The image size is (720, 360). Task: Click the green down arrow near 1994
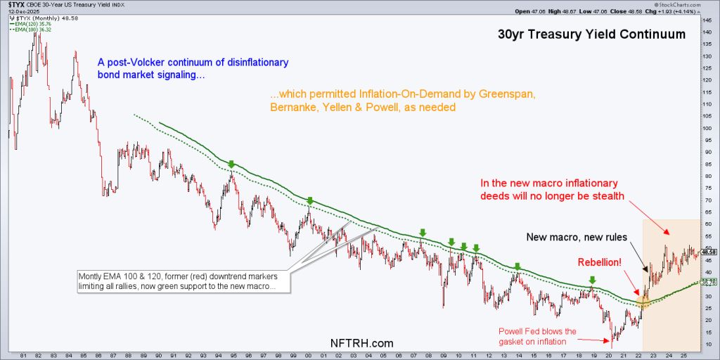click(231, 164)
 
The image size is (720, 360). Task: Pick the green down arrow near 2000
click(309, 200)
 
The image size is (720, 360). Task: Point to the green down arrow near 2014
click(517, 266)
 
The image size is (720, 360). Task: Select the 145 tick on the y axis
click(707, 20)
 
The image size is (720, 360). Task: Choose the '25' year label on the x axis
click(688, 353)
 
